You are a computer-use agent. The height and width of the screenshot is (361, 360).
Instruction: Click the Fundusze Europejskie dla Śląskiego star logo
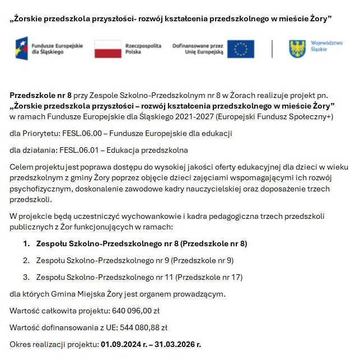tap(21, 49)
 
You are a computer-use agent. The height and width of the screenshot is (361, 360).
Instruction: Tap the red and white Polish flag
tap(108, 49)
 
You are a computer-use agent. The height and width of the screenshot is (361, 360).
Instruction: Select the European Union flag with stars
tap(241, 49)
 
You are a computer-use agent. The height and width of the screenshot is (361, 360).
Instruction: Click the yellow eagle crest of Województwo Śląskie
tap(297, 49)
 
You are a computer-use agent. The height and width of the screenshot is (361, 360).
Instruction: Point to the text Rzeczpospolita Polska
tap(143, 48)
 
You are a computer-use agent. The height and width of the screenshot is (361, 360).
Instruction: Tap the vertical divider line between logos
tap(272, 49)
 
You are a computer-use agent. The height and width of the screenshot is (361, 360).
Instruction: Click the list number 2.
tap(26, 260)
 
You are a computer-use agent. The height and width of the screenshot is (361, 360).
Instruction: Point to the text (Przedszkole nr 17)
tap(209, 277)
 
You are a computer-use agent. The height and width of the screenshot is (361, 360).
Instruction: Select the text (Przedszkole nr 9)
tap(202, 260)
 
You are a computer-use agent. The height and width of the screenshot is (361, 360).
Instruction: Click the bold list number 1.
tap(26, 243)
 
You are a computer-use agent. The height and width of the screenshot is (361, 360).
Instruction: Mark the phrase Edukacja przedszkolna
tap(152, 151)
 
